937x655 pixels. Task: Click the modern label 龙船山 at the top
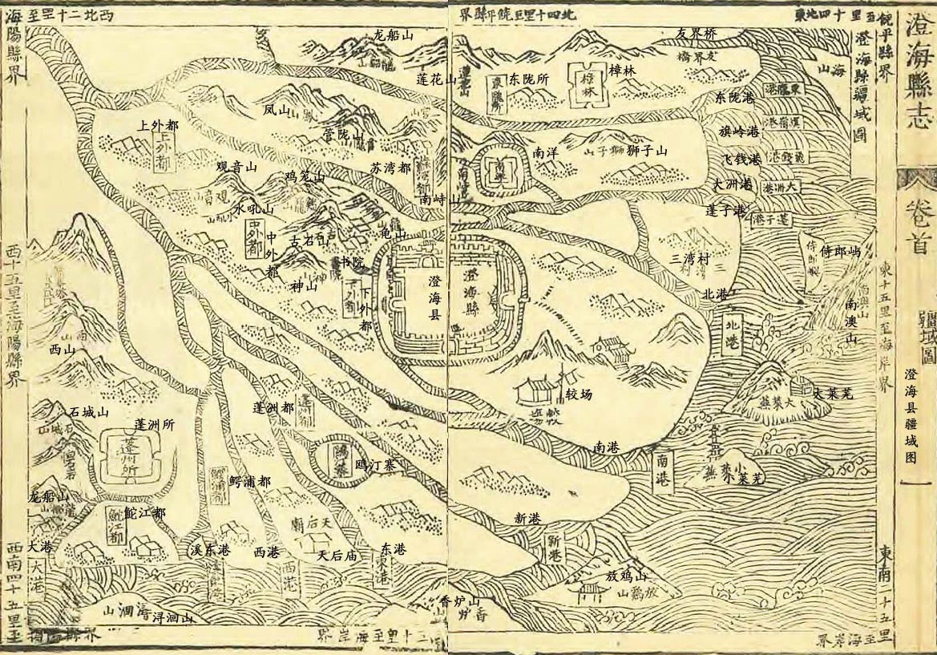[x=393, y=36]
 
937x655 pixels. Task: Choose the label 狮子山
[x=647, y=151]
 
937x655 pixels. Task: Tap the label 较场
[x=579, y=395]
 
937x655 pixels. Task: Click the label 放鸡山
[x=625, y=576]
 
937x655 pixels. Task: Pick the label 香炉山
[x=459, y=601]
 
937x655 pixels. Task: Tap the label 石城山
[x=88, y=412]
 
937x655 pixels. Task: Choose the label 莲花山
[x=436, y=79]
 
